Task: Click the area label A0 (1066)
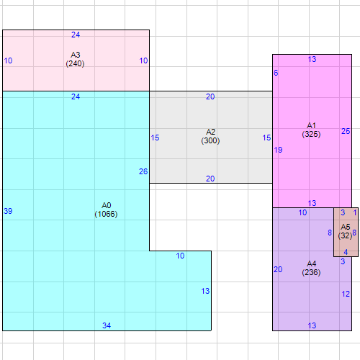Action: (106, 210)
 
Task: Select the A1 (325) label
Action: (311, 130)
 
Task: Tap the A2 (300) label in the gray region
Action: (210, 136)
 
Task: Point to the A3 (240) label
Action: (75, 59)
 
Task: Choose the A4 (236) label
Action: (311, 268)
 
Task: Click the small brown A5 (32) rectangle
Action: (346, 232)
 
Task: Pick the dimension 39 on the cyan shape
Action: (8, 211)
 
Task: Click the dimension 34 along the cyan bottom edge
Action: (107, 325)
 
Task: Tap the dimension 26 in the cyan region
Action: (143, 171)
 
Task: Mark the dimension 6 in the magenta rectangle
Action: (276, 73)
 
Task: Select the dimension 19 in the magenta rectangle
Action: (278, 150)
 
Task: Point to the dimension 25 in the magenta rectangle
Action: (346, 131)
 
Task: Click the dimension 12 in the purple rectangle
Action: (346, 294)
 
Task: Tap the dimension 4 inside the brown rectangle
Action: (346, 252)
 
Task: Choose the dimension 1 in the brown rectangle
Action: (355, 212)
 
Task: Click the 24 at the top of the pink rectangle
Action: (76, 35)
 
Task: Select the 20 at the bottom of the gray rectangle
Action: (210, 179)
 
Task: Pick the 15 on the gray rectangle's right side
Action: (266, 138)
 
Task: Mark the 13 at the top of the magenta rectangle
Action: (312, 59)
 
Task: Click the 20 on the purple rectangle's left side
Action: (278, 269)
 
